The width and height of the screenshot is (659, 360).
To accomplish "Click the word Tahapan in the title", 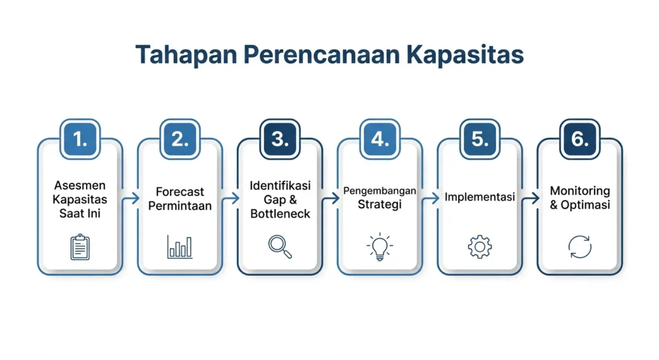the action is point(186,55).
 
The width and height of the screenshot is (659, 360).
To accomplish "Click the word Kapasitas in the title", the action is point(465,55).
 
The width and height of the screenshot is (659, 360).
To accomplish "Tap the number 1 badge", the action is point(80,139).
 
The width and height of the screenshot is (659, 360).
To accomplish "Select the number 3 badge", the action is point(280,139).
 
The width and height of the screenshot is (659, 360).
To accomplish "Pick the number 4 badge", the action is point(380,139).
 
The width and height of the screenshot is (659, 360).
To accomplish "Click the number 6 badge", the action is point(580,139).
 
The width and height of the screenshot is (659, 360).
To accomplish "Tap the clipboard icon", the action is point(80,247).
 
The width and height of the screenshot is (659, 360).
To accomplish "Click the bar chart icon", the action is point(180,247).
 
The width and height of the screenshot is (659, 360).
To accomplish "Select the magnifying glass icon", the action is point(280,247).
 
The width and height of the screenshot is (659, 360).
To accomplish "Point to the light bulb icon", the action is point(380,247).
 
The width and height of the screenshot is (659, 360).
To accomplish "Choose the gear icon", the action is point(479,247).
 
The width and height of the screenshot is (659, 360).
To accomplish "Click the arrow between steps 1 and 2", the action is point(131,198).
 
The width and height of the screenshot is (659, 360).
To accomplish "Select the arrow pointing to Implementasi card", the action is point(431,198).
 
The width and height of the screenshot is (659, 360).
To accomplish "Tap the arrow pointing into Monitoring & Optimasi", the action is point(531,198).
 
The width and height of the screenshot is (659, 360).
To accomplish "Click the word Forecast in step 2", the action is point(180,192).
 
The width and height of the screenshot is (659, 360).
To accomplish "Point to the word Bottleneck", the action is point(280,214).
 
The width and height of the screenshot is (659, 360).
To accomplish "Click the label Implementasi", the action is point(479,197).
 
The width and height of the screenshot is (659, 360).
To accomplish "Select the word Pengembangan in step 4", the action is point(380,191).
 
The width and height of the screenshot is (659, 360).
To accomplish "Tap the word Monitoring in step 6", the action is point(580,191).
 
